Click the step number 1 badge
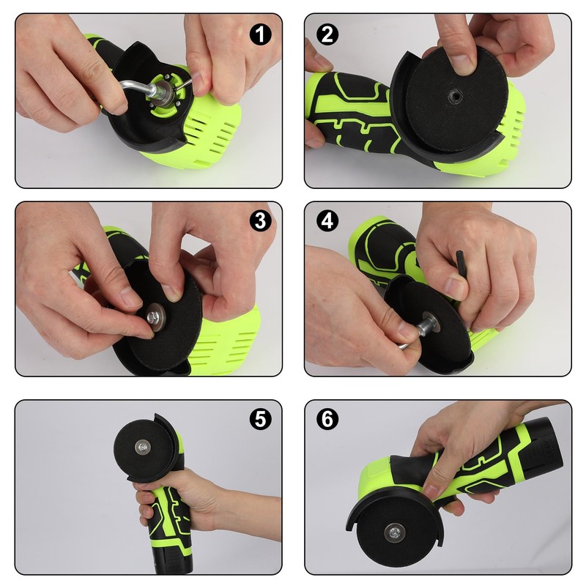(x=260, y=34)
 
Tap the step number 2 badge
(x=327, y=34)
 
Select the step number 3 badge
(x=260, y=220)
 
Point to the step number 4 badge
(x=327, y=220)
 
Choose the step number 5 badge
(x=260, y=418)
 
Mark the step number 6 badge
(x=327, y=418)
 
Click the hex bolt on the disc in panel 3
(x=153, y=318)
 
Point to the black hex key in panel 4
(x=461, y=269)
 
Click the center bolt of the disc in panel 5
(x=143, y=446)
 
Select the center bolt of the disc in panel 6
(x=393, y=532)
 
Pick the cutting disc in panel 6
(x=393, y=532)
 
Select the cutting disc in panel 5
(x=143, y=447)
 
